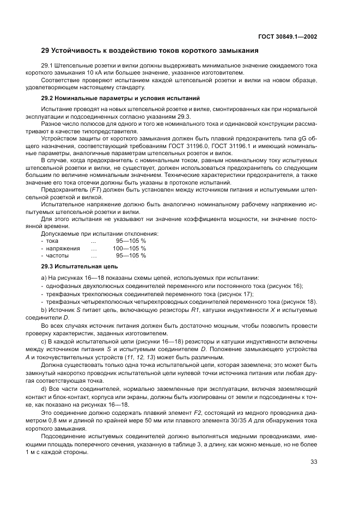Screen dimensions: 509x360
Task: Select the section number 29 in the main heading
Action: click(46, 51)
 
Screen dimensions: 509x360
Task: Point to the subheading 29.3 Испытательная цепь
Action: click(80, 267)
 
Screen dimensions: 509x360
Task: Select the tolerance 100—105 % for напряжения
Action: click(129, 248)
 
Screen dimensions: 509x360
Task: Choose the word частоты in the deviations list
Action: click(57, 255)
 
